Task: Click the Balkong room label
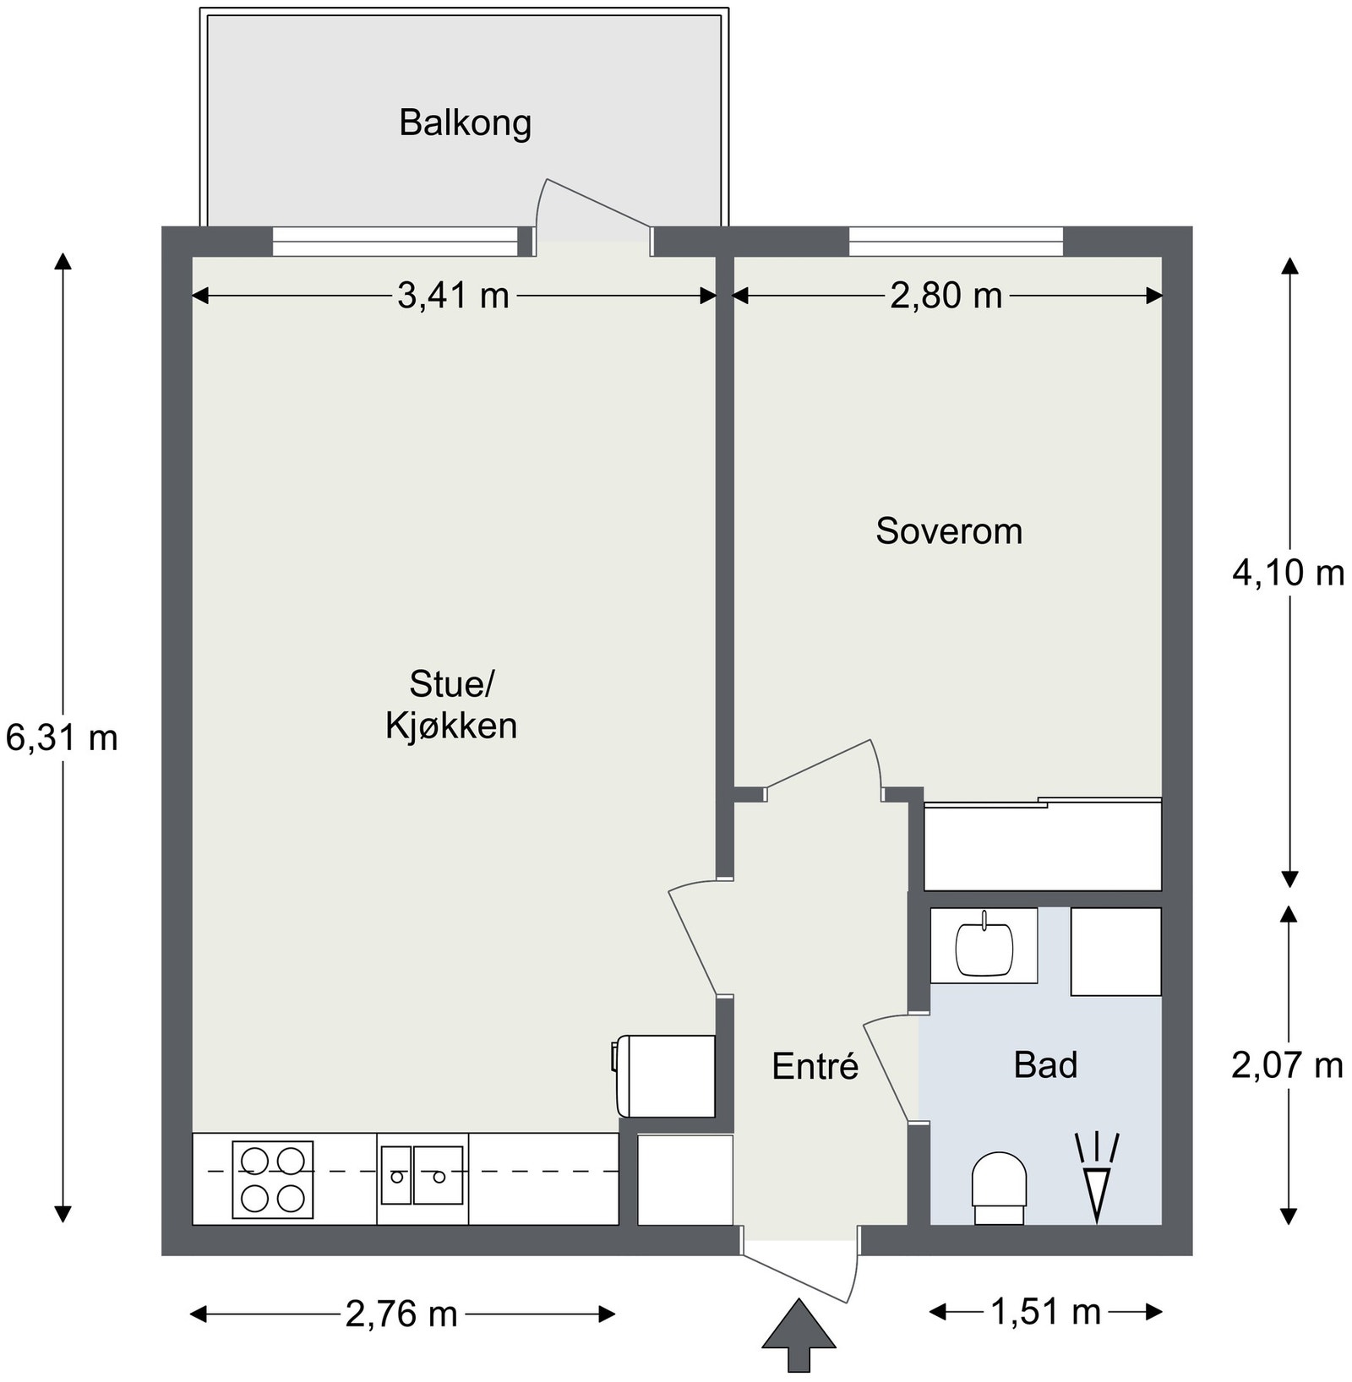465,123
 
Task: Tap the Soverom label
949,531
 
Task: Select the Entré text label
815,1066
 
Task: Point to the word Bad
1045,1064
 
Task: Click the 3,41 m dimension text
454,296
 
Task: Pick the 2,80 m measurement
946,296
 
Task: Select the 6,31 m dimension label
62,738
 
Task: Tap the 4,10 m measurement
1288,574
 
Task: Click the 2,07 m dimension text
1287,1065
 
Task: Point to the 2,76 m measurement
401,1314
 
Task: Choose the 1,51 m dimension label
1045,1312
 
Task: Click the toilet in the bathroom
999,1188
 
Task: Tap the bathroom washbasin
984,946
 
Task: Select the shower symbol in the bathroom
1097,1177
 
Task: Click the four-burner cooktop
272,1179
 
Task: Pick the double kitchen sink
422,1175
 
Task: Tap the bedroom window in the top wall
956,242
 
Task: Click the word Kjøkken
451,726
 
